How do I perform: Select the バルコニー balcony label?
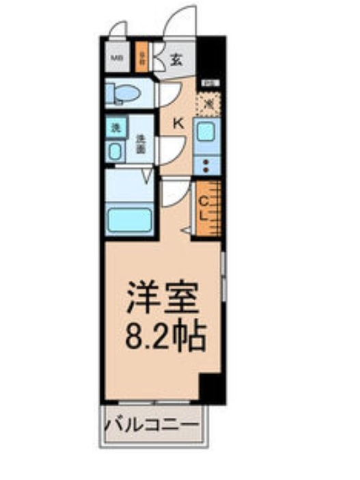[153, 425]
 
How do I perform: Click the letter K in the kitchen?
[177, 124]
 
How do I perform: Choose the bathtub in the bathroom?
[130, 220]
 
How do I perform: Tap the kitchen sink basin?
[206, 131]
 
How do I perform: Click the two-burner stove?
[206, 164]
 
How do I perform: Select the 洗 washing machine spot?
[115, 127]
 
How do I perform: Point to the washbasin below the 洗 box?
[115, 150]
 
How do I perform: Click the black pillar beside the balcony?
[212, 390]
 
